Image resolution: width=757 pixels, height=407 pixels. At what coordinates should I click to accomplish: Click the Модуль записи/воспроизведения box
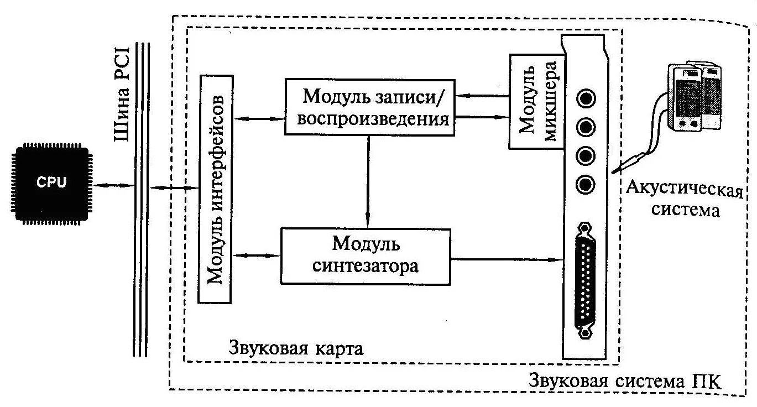coord(369,107)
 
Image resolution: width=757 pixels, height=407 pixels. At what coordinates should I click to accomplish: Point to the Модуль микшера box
coord(535,101)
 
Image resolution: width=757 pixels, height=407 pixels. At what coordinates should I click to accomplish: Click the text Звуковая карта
coord(296,349)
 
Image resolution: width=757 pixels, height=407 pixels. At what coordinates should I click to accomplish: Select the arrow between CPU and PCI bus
coord(113,185)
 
